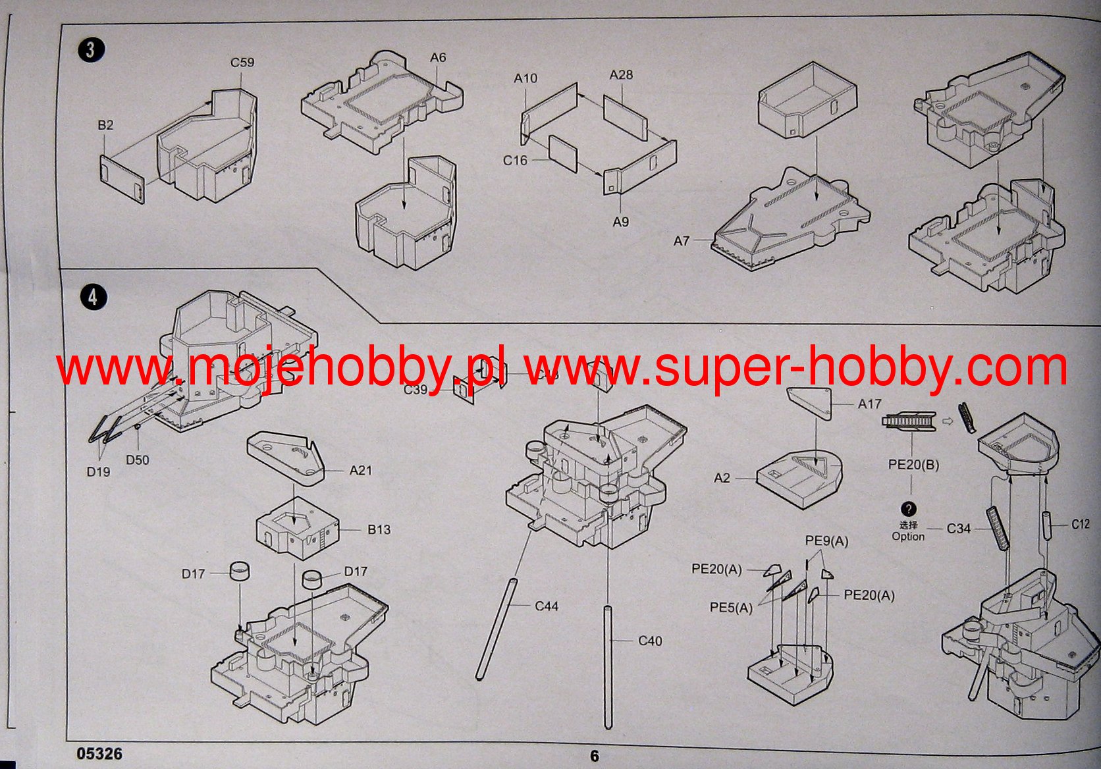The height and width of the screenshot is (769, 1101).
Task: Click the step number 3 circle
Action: click(91, 50)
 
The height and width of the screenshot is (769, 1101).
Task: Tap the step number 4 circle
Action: click(94, 296)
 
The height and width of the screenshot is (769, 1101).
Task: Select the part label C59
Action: click(242, 63)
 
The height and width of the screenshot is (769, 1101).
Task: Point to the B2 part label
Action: click(105, 125)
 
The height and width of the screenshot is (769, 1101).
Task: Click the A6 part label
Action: click(438, 58)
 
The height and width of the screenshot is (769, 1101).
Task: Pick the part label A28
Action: click(621, 75)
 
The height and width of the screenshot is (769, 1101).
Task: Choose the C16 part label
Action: click(515, 160)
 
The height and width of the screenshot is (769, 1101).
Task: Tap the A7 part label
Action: click(681, 241)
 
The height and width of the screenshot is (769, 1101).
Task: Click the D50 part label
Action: click(138, 460)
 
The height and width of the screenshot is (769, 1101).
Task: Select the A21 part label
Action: click(361, 470)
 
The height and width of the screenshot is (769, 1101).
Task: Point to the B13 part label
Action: click(379, 529)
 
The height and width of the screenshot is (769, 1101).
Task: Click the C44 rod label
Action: click(547, 606)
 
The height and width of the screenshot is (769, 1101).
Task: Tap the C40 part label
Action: click(650, 641)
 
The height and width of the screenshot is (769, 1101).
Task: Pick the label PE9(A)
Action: click(826, 541)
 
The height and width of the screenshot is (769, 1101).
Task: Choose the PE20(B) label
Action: click(913, 464)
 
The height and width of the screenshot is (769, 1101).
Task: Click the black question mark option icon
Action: click(909, 509)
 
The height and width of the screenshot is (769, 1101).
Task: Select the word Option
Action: click(908, 537)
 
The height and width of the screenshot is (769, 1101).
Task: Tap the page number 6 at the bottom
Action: click(595, 756)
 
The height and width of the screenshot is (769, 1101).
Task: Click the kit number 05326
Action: click(99, 753)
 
